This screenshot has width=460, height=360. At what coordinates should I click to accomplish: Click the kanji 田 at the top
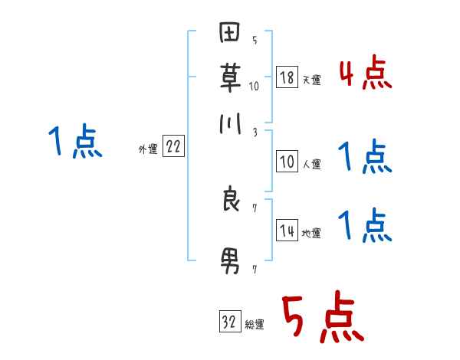230,34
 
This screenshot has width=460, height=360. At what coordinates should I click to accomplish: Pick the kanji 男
230,262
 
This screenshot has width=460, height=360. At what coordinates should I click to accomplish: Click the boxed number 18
286,77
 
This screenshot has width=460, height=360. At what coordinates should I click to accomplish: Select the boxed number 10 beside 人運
286,162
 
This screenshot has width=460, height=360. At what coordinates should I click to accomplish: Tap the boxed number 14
286,231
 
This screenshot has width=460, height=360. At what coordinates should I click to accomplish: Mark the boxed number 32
229,322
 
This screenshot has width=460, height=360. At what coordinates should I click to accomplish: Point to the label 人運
311,164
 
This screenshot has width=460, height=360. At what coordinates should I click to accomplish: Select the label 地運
311,233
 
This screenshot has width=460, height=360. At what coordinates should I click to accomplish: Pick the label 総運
255,325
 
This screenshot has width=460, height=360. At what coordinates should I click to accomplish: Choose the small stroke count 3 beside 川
255,132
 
